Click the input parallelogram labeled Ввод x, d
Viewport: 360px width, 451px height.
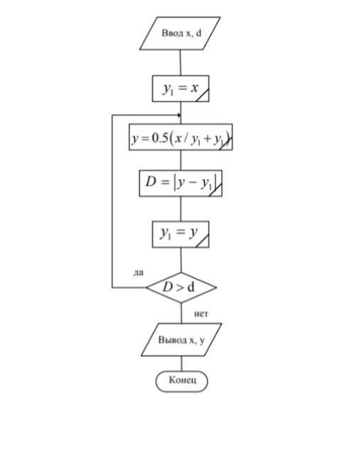(180, 33)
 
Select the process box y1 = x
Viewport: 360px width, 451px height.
(181, 89)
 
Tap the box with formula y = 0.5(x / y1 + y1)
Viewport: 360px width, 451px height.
(181, 137)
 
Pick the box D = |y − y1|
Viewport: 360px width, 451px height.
(181, 184)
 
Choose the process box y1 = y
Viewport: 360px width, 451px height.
(181, 234)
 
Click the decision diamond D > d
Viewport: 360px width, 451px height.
(181, 287)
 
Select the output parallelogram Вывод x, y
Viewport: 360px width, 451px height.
(181, 340)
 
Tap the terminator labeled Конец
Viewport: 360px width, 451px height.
(181, 381)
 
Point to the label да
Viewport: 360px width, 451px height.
(138, 272)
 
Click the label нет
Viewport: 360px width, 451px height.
(201, 314)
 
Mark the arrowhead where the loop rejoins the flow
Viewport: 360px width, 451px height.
(179, 115)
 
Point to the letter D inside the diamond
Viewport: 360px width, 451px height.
(167, 287)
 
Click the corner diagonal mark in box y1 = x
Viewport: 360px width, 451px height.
(202, 95)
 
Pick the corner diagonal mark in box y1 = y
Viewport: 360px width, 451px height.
(202, 240)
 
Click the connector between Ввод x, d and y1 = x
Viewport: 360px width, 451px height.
(181, 63)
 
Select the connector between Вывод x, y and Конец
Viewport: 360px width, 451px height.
(181, 364)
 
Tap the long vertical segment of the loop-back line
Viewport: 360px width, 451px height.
(112, 201)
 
